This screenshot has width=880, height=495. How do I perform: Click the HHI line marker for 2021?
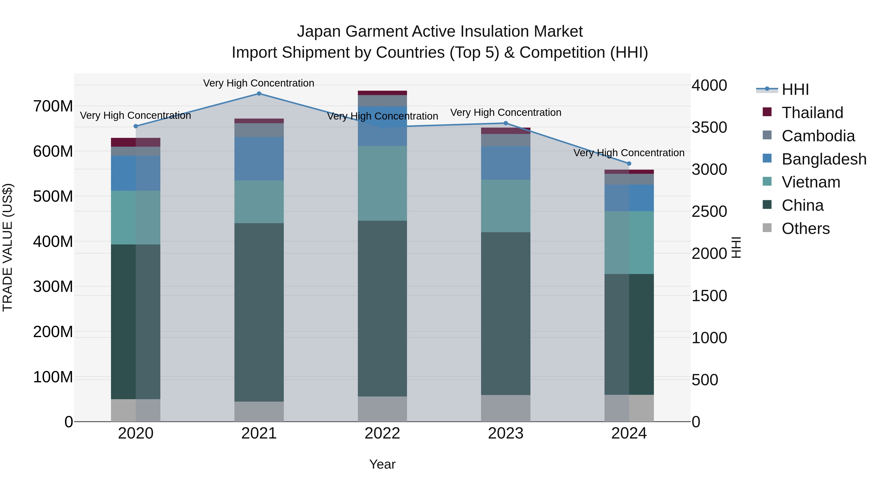pos(259,94)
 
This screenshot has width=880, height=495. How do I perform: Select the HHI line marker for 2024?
pos(629,164)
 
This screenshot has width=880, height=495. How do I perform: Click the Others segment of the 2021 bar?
pos(259,411)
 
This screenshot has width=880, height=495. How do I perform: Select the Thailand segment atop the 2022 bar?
pos(382,93)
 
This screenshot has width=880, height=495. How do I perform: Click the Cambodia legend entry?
pos(818,136)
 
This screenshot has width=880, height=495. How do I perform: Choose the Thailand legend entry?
pos(812,113)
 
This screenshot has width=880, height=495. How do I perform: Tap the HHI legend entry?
pos(795,89)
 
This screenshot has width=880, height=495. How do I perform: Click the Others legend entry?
pos(805,229)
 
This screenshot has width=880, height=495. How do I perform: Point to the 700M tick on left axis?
pos(53,106)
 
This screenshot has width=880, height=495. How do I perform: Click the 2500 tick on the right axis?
pos(709,211)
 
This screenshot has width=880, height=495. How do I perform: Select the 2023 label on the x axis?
pos(506,433)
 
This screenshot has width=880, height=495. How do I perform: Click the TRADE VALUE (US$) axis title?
pos(8,247)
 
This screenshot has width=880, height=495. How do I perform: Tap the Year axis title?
pos(382,464)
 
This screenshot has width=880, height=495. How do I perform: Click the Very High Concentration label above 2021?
pos(259,83)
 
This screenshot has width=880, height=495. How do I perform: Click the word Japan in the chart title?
pos(319,32)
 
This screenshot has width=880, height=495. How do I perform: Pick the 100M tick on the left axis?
pos(53,377)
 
